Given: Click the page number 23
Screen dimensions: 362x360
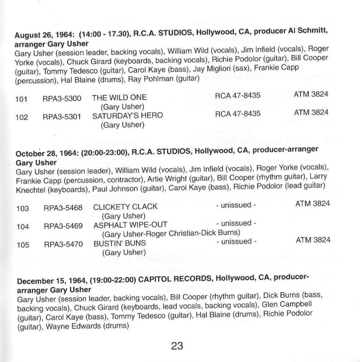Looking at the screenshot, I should (x=177, y=346).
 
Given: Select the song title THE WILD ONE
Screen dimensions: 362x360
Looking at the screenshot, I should (x=120, y=97).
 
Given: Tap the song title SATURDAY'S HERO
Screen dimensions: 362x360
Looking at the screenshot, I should (x=128, y=116).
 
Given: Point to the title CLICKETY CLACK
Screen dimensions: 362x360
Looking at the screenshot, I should (x=125, y=207).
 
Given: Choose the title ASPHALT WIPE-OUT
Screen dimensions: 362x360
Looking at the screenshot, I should (x=130, y=224).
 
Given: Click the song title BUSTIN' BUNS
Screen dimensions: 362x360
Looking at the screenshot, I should (x=120, y=243).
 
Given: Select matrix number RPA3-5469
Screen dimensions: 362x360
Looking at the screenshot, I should (x=63, y=226).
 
